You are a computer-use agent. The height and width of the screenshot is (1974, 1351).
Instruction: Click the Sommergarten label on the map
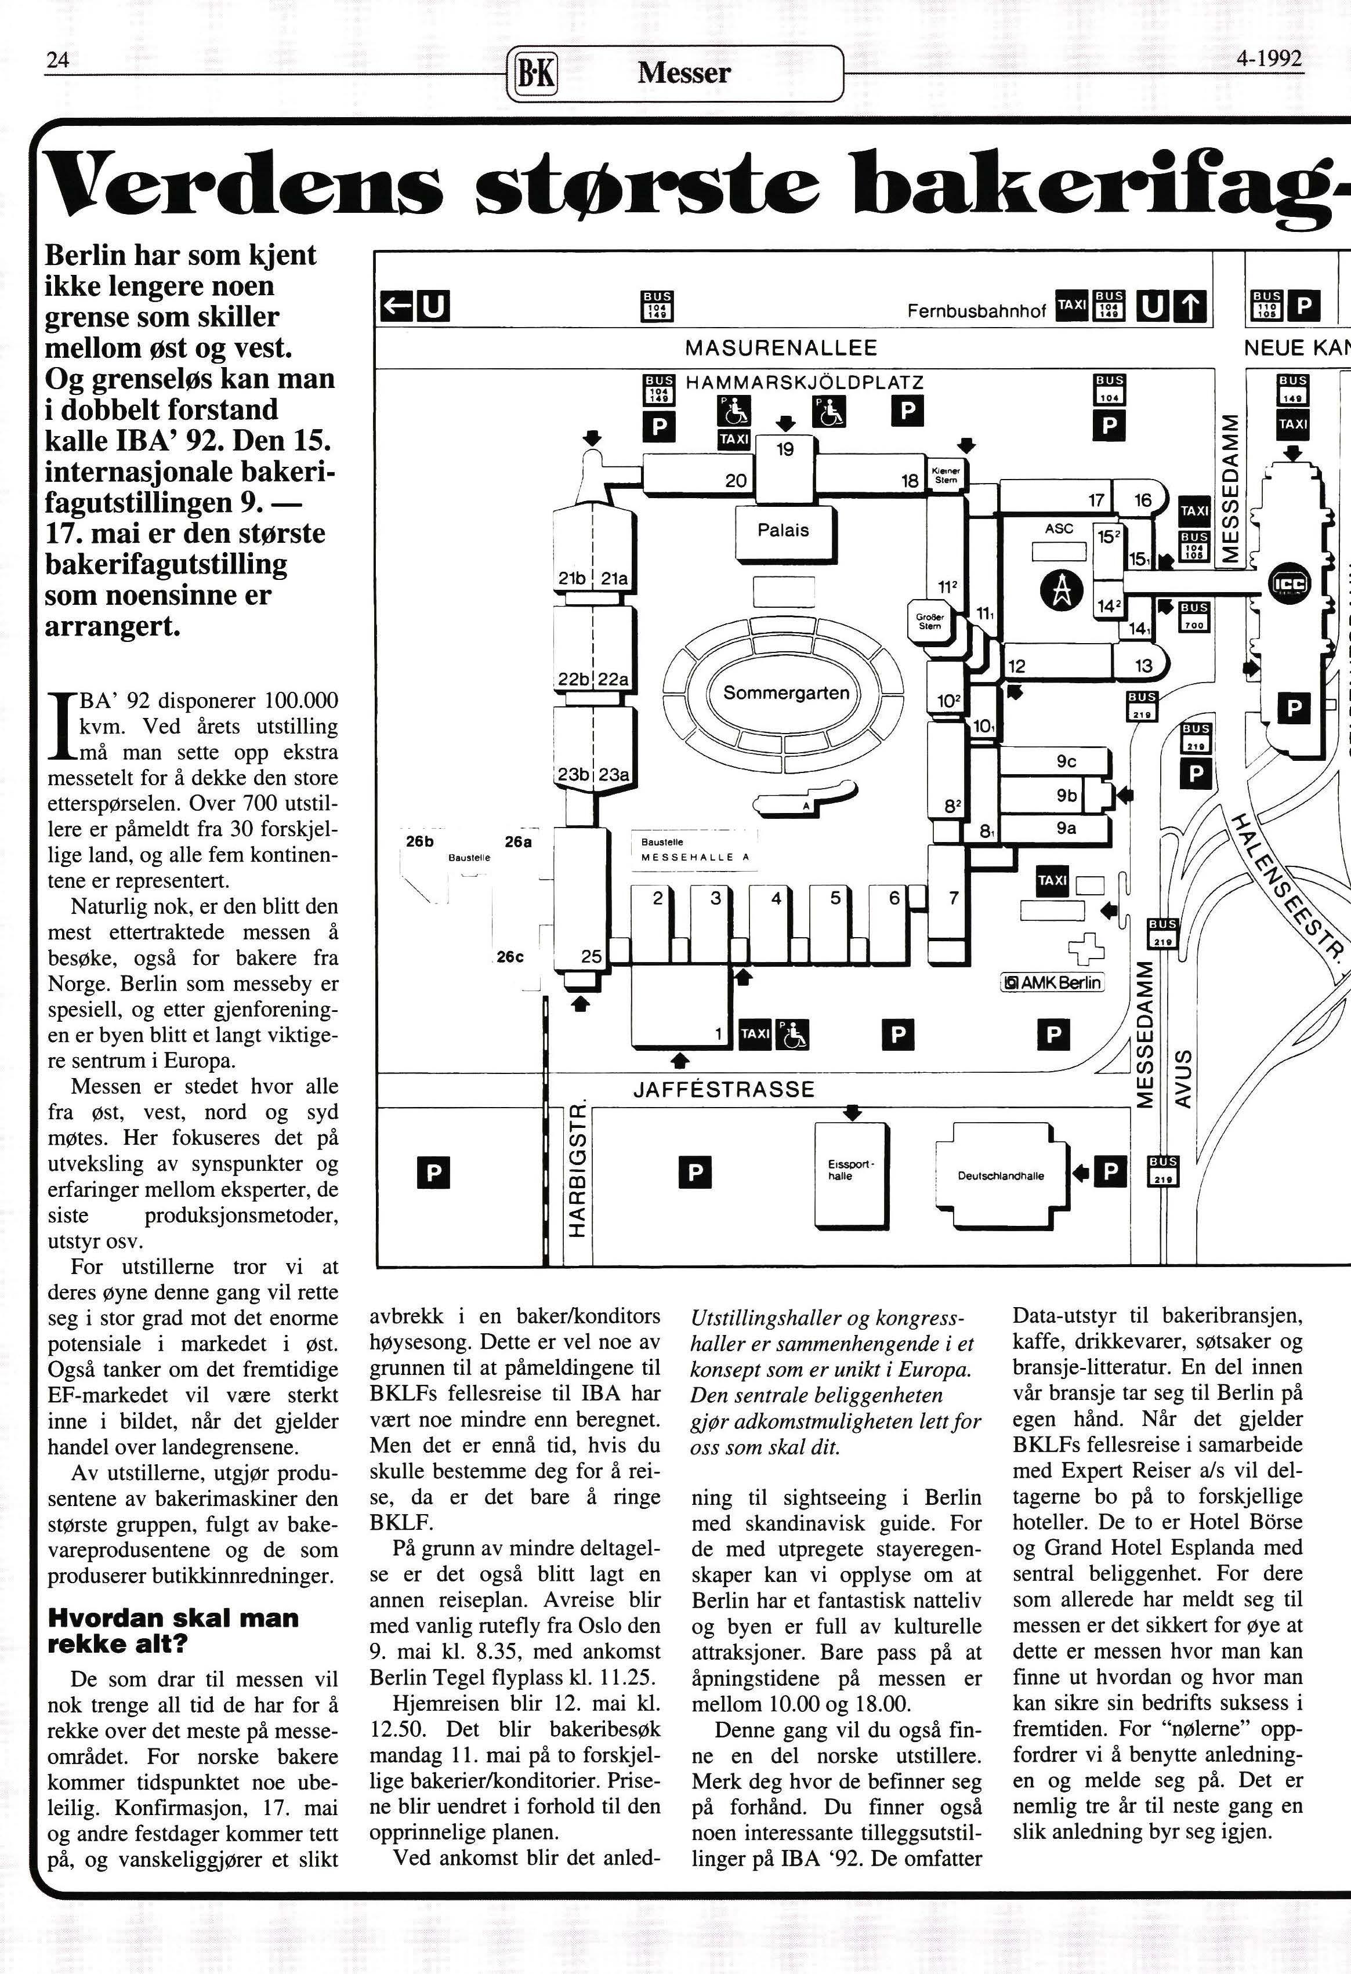coord(786,693)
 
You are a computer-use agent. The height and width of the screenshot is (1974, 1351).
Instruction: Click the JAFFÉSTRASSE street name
coord(724,1090)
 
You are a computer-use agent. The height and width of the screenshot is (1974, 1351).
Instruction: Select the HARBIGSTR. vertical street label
coord(577,1171)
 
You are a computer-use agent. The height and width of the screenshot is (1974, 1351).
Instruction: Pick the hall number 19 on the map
coord(784,449)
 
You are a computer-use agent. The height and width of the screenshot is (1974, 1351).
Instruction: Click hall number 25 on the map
coord(591,956)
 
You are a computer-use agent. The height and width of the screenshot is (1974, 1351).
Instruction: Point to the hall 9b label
coord(1066,795)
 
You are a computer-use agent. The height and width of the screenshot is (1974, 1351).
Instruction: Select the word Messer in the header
coord(684,73)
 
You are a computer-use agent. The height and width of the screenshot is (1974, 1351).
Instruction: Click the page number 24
coord(57,60)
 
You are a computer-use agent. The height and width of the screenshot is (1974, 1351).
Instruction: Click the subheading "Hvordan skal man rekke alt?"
coord(172,1630)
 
